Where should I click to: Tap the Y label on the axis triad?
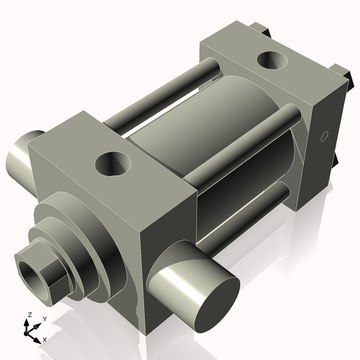pos(44,318)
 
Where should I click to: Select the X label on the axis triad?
pos(45,338)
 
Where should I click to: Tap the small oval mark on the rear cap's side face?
pos(323,136)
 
